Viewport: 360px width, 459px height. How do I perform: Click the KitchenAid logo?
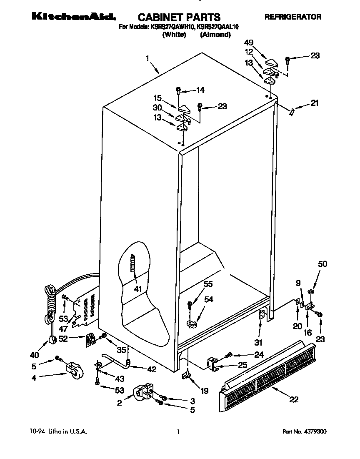[73, 17]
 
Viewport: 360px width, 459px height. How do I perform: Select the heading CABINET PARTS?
[179, 17]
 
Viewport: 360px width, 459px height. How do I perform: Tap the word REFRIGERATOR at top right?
[293, 17]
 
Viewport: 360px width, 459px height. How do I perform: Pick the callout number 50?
[322, 264]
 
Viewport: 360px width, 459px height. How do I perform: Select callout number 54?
[208, 299]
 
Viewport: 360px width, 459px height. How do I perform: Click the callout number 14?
[200, 90]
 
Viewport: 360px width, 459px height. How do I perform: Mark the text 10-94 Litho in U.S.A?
[58, 432]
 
